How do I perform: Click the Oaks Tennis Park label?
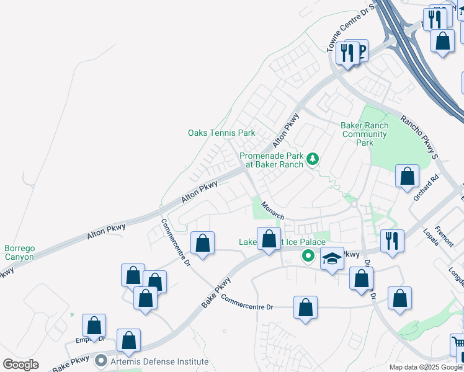pyautogui.click(x=221, y=133)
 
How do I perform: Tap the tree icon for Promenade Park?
pyautogui.click(x=313, y=159)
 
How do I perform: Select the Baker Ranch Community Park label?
pyautogui.click(x=365, y=134)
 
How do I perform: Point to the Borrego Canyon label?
pyautogui.click(x=19, y=252)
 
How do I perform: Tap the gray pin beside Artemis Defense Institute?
pyautogui.click(x=102, y=360)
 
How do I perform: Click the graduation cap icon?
pyautogui.click(x=332, y=259)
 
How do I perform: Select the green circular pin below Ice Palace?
pyautogui.click(x=307, y=255)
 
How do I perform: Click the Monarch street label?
pyautogui.click(x=272, y=210)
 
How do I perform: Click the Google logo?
pyautogui.click(x=20, y=365)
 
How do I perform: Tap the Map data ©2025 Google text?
pyautogui.click(x=426, y=367)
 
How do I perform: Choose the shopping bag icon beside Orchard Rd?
pyautogui.click(x=407, y=176)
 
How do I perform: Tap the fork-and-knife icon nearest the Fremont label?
pyautogui.click(x=391, y=240)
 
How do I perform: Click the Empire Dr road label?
pyautogui.click(x=87, y=339)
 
